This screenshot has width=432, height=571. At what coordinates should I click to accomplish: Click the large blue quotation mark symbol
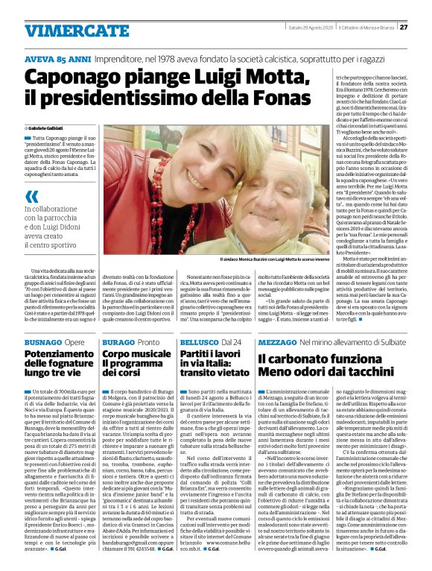tap(31, 197)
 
